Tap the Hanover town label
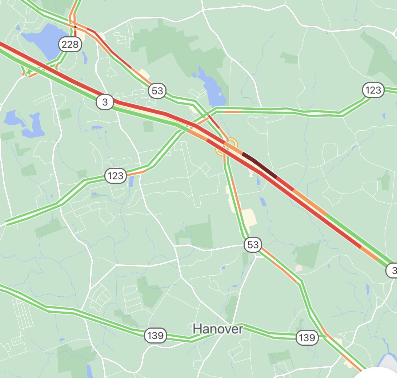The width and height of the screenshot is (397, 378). [x=217, y=329]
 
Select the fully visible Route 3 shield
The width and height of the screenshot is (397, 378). [x=105, y=102]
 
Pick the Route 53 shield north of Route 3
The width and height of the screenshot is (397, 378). [x=157, y=90]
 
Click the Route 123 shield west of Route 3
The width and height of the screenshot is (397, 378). [x=116, y=176]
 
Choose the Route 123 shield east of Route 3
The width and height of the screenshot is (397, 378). [x=373, y=90]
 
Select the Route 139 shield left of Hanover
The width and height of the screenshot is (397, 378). [x=156, y=335]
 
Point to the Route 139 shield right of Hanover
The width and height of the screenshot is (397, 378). [x=306, y=338]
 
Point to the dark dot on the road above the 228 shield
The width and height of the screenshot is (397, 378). [x=75, y=27]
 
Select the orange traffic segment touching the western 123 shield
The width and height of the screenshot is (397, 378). [x=136, y=172]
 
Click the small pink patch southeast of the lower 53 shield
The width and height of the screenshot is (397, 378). [x=298, y=268]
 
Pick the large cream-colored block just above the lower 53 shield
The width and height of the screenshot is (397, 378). [x=249, y=217]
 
